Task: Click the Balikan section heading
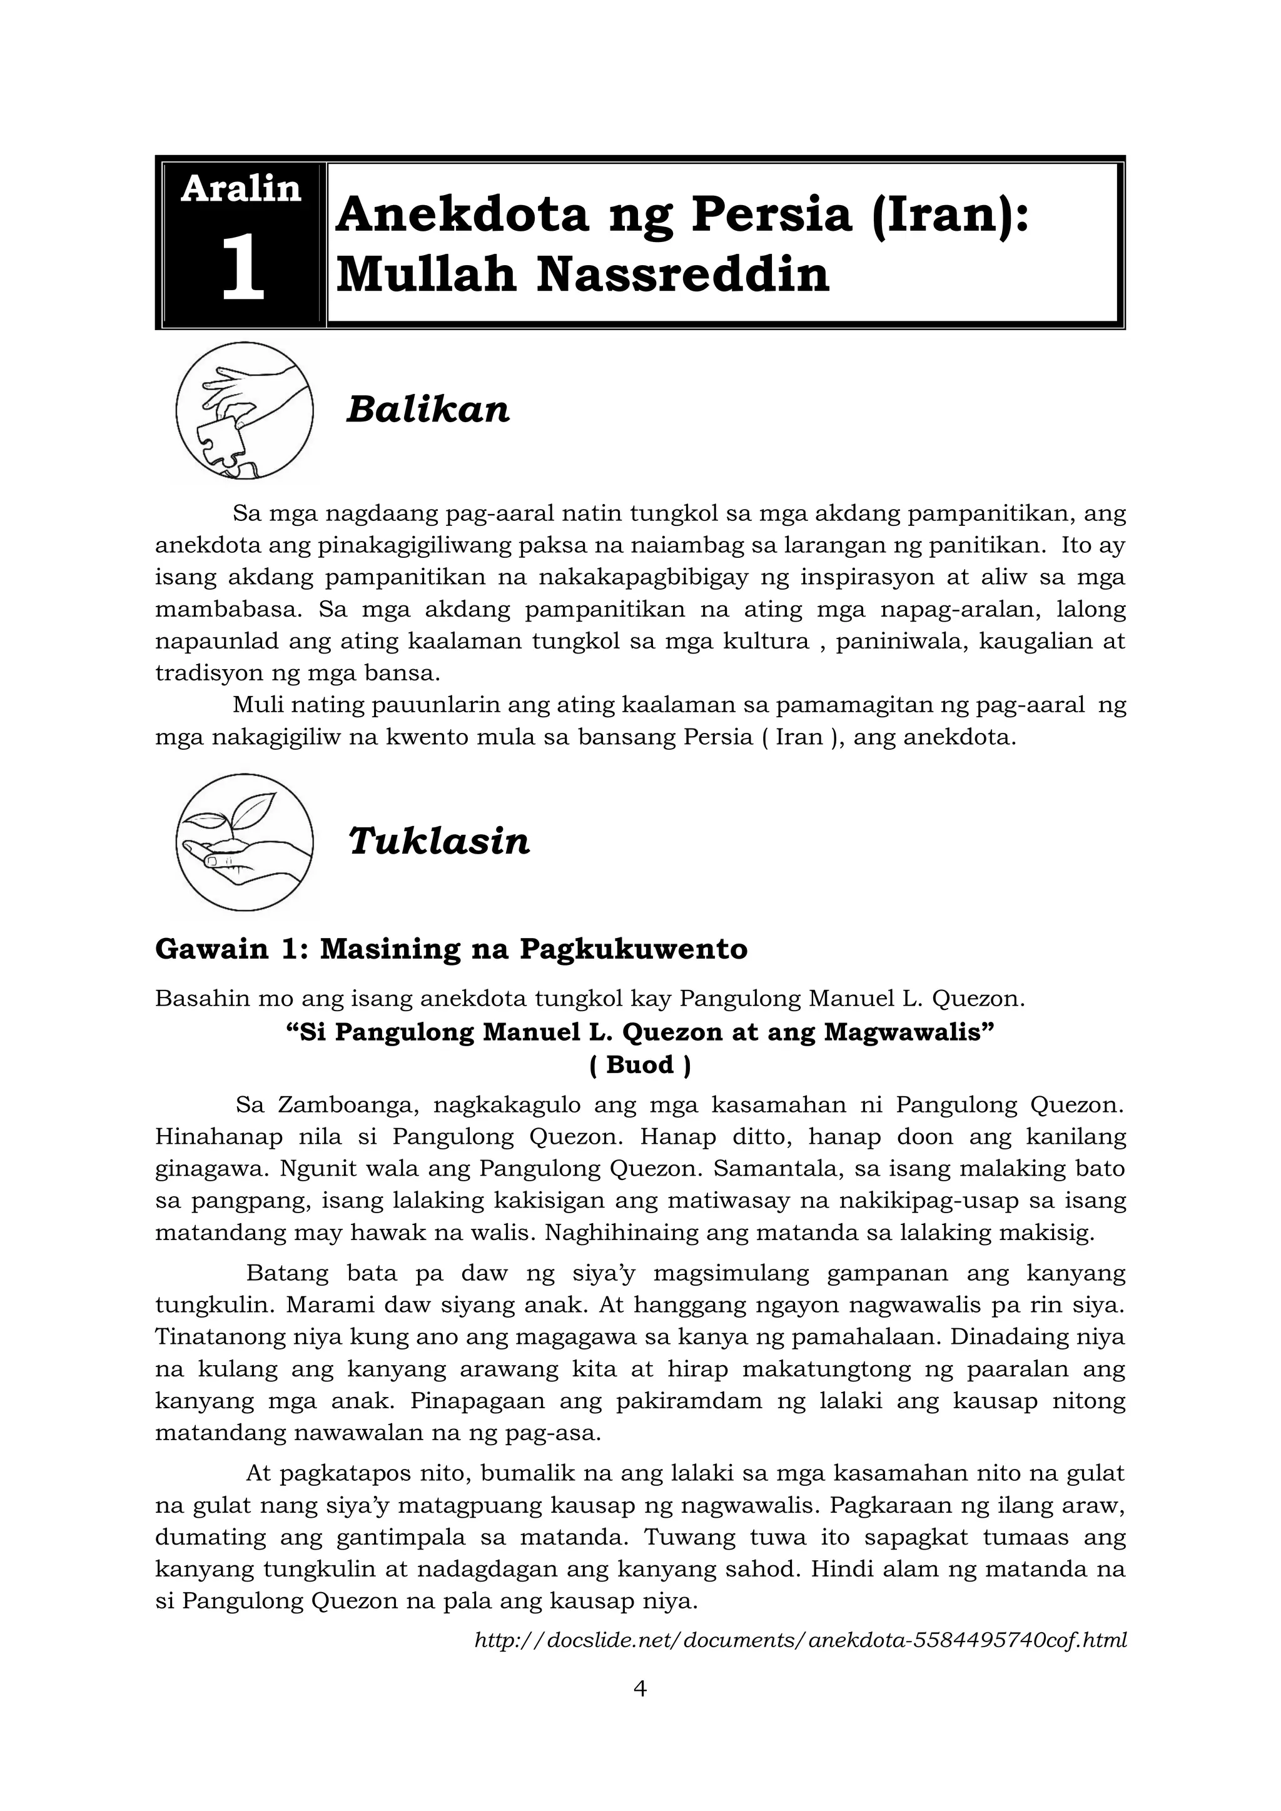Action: click(428, 410)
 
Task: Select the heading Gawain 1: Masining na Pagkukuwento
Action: click(450, 949)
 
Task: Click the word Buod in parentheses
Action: click(640, 1065)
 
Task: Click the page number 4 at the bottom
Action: click(640, 1688)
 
